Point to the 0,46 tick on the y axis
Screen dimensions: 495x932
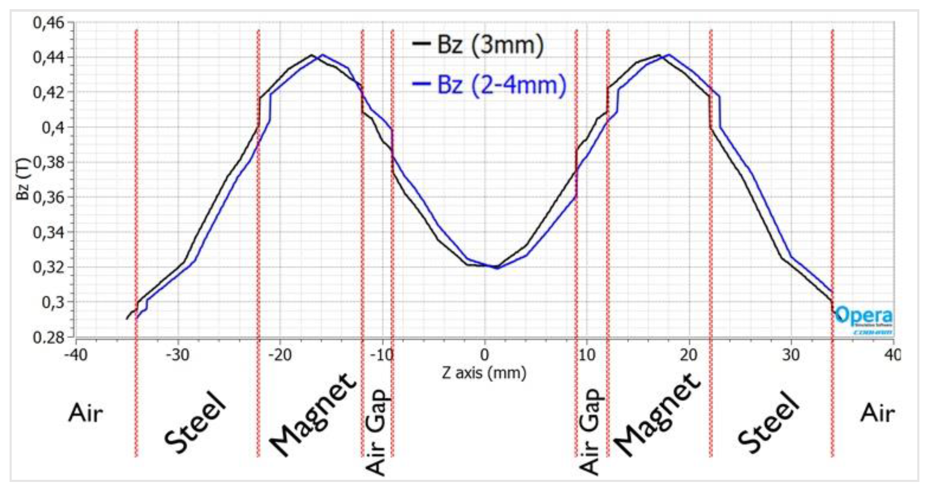[49, 22]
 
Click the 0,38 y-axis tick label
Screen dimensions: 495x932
[49, 163]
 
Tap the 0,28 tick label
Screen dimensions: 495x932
[49, 337]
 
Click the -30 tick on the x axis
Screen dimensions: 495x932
[178, 355]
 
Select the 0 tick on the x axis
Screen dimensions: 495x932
[484, 355]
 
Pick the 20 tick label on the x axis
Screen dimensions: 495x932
[689, 355]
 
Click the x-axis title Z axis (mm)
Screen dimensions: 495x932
[484, 373]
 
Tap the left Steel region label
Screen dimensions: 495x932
[196, 422]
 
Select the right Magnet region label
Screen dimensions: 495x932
[657, 415]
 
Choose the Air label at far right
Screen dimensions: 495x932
[877, 413]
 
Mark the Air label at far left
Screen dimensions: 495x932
[86, 413]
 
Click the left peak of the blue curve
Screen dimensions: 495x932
[322, 55]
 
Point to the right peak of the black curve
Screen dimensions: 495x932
[659, 55]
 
